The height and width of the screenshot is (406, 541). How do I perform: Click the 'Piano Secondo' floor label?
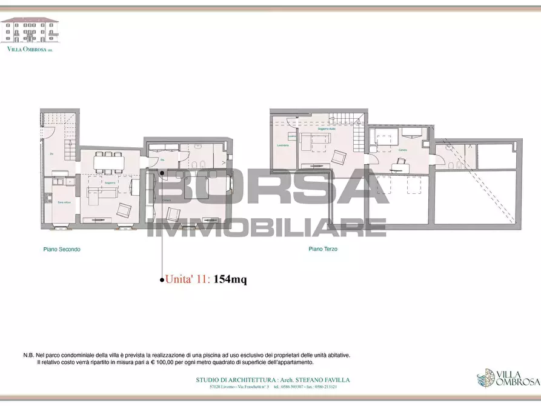(62, 249)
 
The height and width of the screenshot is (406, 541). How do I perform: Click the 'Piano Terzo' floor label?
(323, 249)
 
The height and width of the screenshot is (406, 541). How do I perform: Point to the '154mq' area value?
(230, 279)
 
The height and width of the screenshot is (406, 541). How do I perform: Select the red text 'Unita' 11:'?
(188, 279)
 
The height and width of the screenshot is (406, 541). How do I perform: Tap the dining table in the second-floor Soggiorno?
(108, 161)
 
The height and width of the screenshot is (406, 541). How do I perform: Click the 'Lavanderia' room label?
(283, 145)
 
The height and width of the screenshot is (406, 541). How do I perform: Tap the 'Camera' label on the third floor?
(402, 150)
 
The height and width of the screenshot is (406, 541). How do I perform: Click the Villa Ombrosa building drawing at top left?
(30, 30)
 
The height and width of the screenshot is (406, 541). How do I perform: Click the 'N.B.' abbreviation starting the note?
(28, 356)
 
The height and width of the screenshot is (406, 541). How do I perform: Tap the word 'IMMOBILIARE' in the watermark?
(267, 227)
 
